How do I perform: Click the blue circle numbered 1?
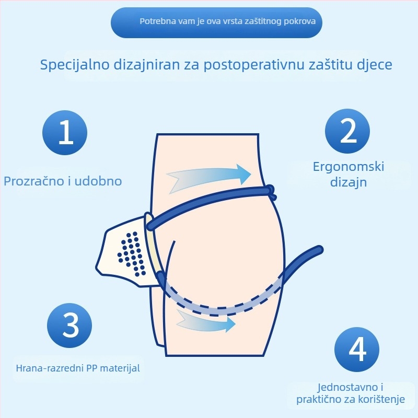coord(65,133)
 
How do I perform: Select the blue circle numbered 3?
coord(70,324)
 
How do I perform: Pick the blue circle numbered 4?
coord(357,350)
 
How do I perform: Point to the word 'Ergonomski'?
coord(349,167)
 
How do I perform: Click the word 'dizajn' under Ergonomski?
coord(349,182)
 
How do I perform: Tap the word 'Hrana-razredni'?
coord(46,368)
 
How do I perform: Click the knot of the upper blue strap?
coord(271,191)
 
